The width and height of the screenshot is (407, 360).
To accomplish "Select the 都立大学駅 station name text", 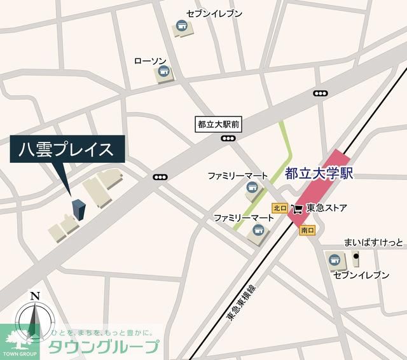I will tap(319, 173).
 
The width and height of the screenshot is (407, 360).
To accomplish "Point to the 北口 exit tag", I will tap(279, 208).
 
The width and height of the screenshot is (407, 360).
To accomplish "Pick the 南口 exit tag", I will tap(307, 230).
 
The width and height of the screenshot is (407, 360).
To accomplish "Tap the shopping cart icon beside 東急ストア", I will tap(297, 209).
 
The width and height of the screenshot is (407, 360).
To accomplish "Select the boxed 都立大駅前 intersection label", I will tap(218, 125).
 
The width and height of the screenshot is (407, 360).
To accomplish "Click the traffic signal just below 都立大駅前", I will tap(227, 138).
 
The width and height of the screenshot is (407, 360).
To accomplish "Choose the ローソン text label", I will tap(151, 61).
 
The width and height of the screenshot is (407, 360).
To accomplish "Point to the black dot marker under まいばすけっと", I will tap(356, 256).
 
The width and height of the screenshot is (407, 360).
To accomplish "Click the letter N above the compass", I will tap(35, 295).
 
